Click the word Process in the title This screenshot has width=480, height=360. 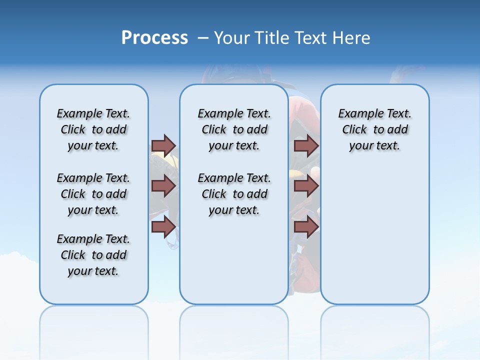pyautogui.click(x=154, y=37)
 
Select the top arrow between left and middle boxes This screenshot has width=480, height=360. pyautogui.click(x=163, y=145)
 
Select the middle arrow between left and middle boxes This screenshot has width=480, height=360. pyautogui.click(x=163, y=186)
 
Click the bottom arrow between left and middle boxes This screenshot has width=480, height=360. pyautogui.click(x=163, y=226)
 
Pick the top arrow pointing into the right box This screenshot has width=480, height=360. pyautogui.click(x=306, y=145)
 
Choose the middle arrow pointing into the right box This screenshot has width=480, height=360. pyautogui.click(x=306, y=186)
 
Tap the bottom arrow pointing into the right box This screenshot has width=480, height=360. pyautogui.click(x=306, y=226)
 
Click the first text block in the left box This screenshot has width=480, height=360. pyautogui.click(x=93, y=129)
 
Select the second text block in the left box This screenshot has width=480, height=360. pyautogui.click(x=93, y=194)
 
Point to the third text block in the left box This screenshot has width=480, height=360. pyautogui.click(x=93, y=255)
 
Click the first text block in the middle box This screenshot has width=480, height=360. pyautogui.click(x=234, y=129)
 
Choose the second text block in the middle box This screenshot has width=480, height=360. pyautogui.click(x=234, y=194)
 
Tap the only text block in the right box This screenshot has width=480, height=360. pyautogui.click(x=374, y=129)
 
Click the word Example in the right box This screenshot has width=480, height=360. pyautogui.click(x=356, y=114)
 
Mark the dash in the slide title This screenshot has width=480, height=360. pyautogui.click(x=202, y=38)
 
